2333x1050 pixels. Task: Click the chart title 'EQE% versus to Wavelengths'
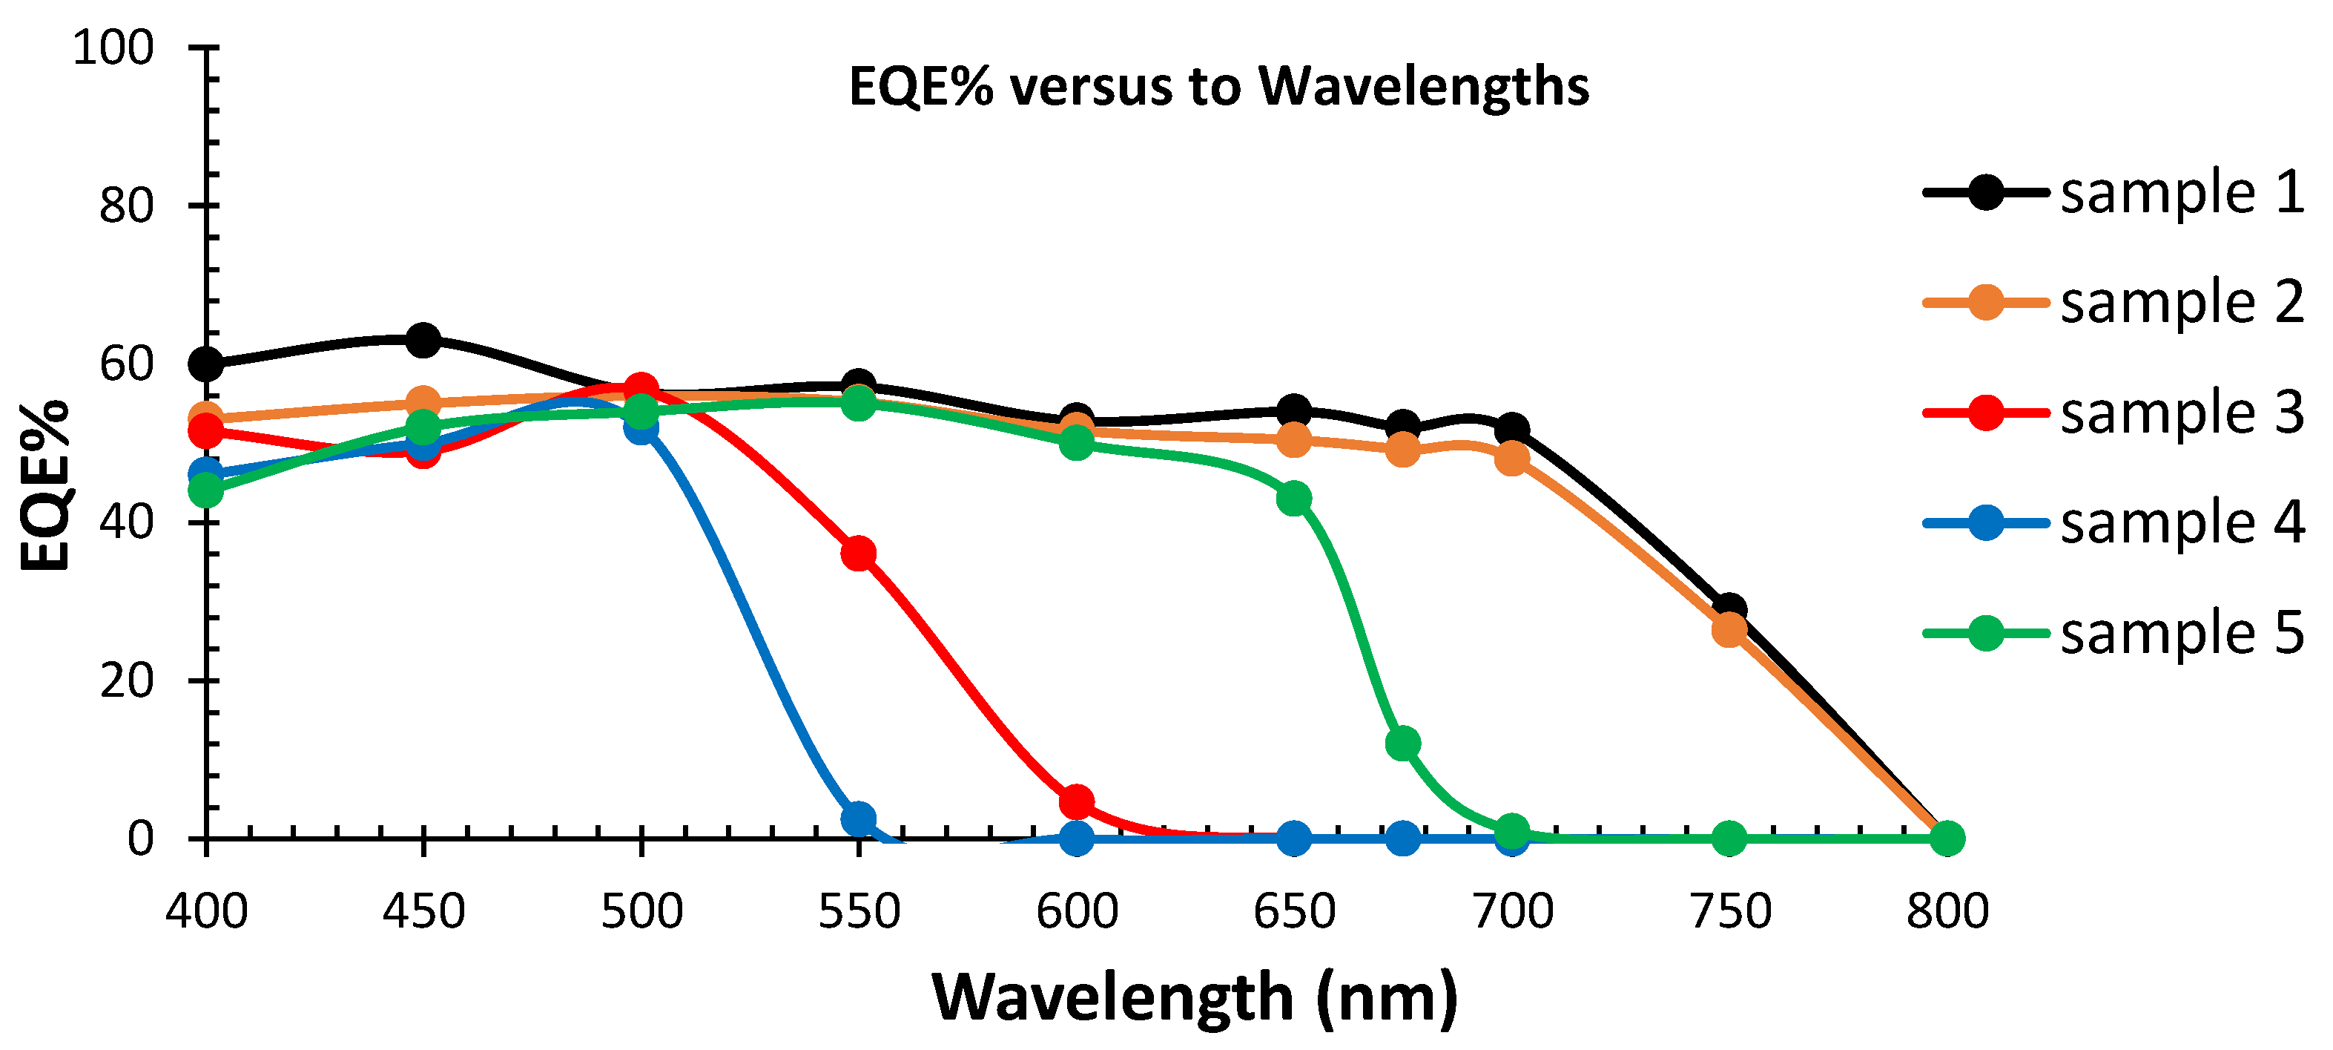point(1218,87)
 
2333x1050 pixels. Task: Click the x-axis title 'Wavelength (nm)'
point(1195,997)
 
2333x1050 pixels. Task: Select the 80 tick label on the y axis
point(126,206)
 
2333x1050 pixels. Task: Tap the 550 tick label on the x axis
point(859,911)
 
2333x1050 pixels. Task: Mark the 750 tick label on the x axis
point(1730,911)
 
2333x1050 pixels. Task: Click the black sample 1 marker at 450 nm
point(423,341)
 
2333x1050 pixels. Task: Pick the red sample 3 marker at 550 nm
point(859,553)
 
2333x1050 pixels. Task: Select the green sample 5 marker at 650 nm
point(1294,497)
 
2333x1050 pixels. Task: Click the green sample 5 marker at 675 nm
point(1403,744)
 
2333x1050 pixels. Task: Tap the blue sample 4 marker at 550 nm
point(859,818)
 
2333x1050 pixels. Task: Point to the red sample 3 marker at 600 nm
point(1076,801)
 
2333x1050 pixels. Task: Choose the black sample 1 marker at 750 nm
point(1730,608)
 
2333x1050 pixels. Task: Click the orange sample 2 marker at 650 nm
point(1294,442)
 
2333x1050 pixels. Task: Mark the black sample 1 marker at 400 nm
point(206,364)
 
